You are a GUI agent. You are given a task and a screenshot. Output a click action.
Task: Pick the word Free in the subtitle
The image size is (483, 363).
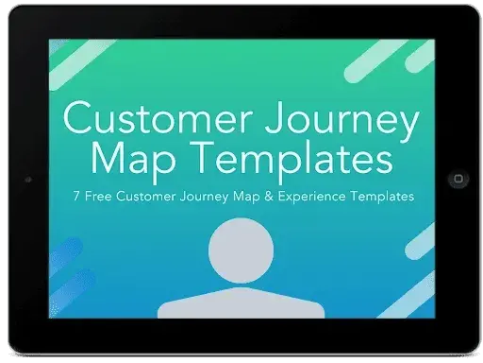coord(93,197)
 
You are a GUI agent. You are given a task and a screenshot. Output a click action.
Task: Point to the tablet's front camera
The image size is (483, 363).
coord(27,178)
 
